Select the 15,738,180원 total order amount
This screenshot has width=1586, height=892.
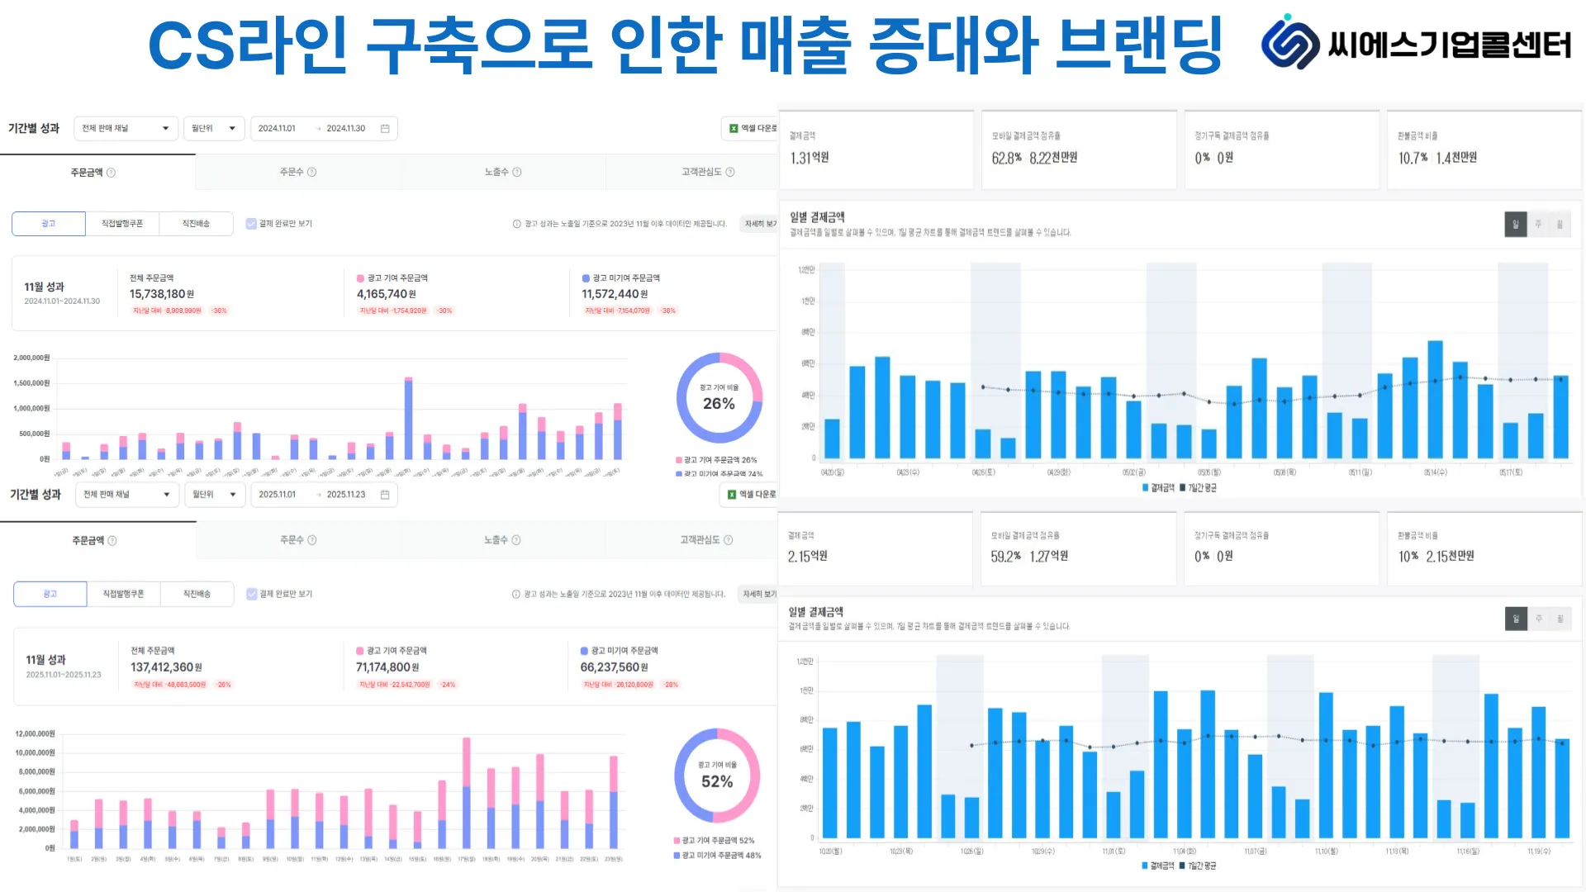click(x=162, y=294)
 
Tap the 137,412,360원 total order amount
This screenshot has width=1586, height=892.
click(x=166, y=667)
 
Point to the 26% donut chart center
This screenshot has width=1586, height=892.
click(x=719, y=398)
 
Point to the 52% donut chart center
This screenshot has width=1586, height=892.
click(x=717, y=776)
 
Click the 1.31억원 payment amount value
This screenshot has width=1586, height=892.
click(x=810, y=158)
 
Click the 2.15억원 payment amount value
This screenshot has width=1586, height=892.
click(x=808, y=557)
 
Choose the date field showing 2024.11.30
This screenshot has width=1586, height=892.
click(x=345, y=129)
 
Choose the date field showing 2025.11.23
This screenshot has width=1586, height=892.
click(x=345, y=495)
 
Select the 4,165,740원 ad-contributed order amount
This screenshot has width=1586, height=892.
click(x=387, y=294)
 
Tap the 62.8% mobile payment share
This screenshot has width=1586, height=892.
click(x=1006, y=158)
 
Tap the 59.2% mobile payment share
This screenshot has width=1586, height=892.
click(x=1005, y=557)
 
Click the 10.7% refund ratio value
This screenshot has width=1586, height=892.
click(x=1413, y=158)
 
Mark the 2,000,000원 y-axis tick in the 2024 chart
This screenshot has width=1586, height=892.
click(x=31, y=358)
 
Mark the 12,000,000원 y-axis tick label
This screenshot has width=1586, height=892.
click(x=35, y=733)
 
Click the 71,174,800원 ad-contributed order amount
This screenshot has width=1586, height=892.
click(x=387, y=667)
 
